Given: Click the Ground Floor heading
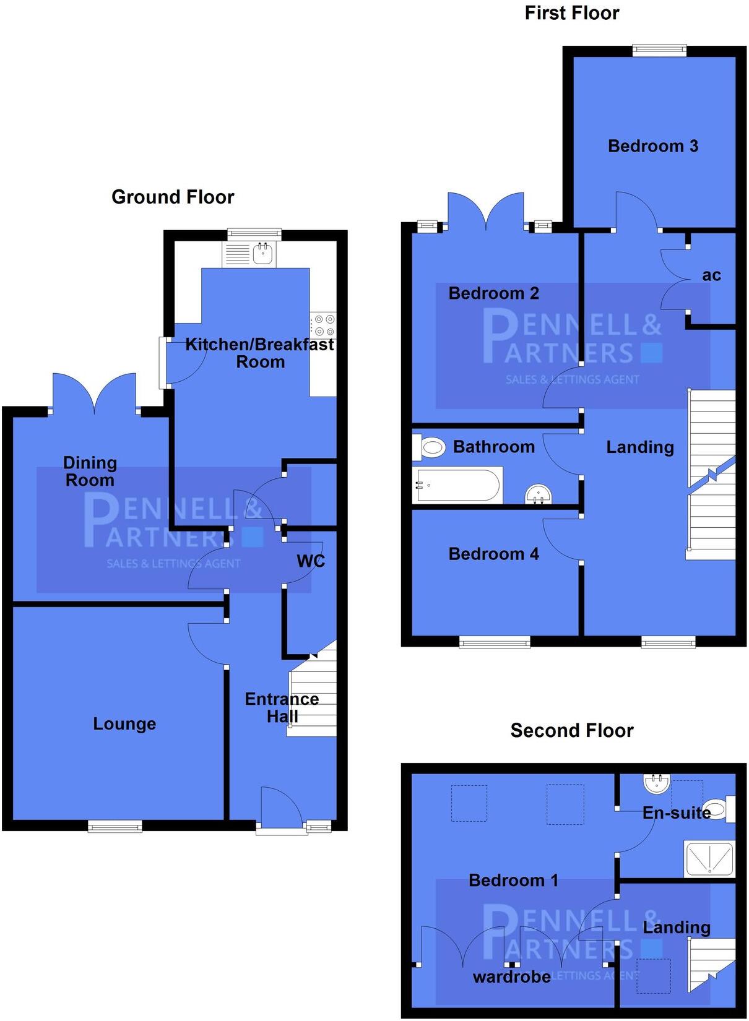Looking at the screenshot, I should [173, 197].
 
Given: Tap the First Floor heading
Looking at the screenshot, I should [571, 13].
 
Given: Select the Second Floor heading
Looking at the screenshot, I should [571, 730].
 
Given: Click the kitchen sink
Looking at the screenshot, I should [263, 252].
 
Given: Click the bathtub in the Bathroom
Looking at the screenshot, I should [458, 485].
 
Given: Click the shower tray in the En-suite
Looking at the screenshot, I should [709, 858].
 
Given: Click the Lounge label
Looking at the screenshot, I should [124, 723].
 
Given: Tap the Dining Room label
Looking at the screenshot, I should [90, 471].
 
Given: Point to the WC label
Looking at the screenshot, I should [311, 561].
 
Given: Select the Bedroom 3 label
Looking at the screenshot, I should [652, 146].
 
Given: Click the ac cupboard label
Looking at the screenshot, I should [711, 275].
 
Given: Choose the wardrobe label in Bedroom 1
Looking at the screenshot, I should [511, 976].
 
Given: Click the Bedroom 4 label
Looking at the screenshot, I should [493, 554].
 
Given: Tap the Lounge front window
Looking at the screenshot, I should [115, 825].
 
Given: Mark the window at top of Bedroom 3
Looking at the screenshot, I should [659, 50].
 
